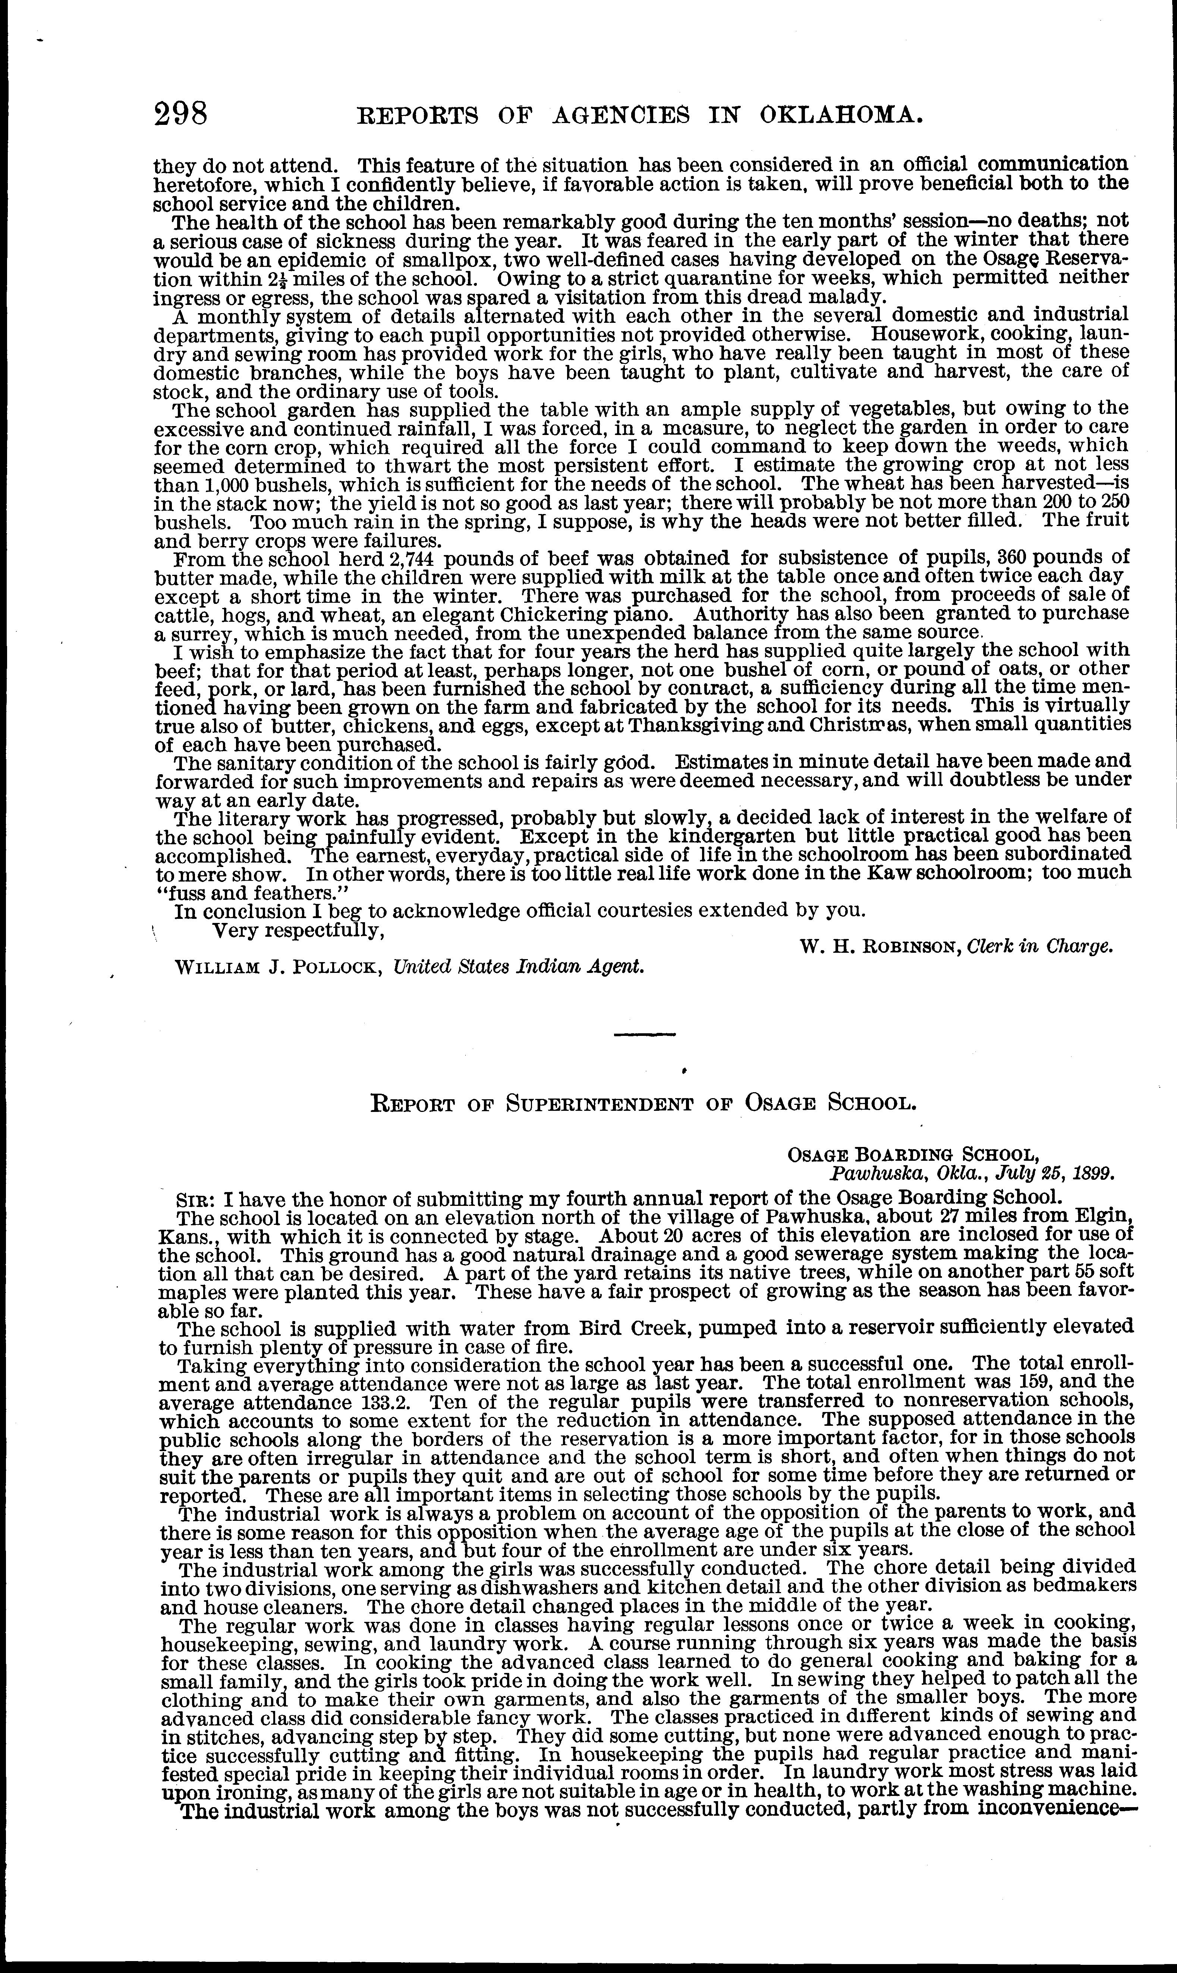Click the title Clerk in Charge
point(1041,946)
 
